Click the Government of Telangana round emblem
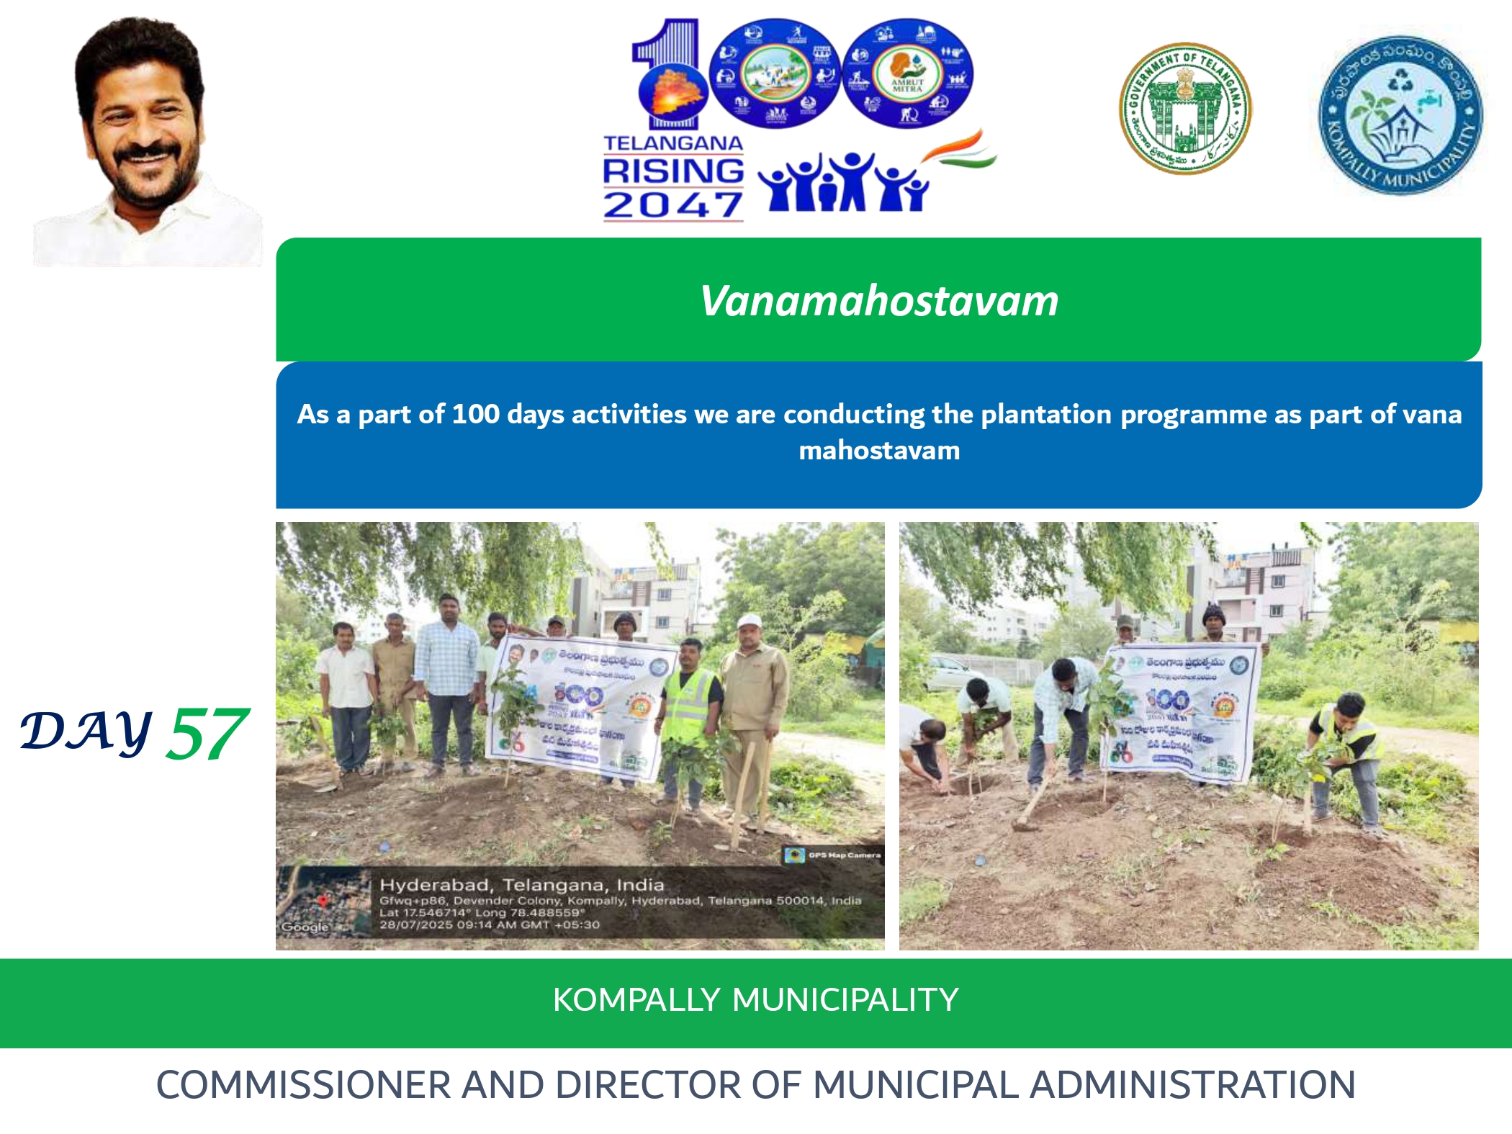(1184, 109)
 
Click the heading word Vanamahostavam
(879, 301)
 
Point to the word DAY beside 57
(86, 732)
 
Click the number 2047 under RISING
(672, 205)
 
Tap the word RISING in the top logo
(672, 171)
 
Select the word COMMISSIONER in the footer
(302, 1085)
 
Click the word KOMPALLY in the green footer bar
(636, 1000)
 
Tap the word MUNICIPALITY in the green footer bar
(845, 1000)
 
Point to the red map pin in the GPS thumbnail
(324, 900)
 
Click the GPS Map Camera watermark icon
(794, 855)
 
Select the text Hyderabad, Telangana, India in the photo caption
(521, 885)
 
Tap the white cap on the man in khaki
(750, 620)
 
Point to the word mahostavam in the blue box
(879, 451)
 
